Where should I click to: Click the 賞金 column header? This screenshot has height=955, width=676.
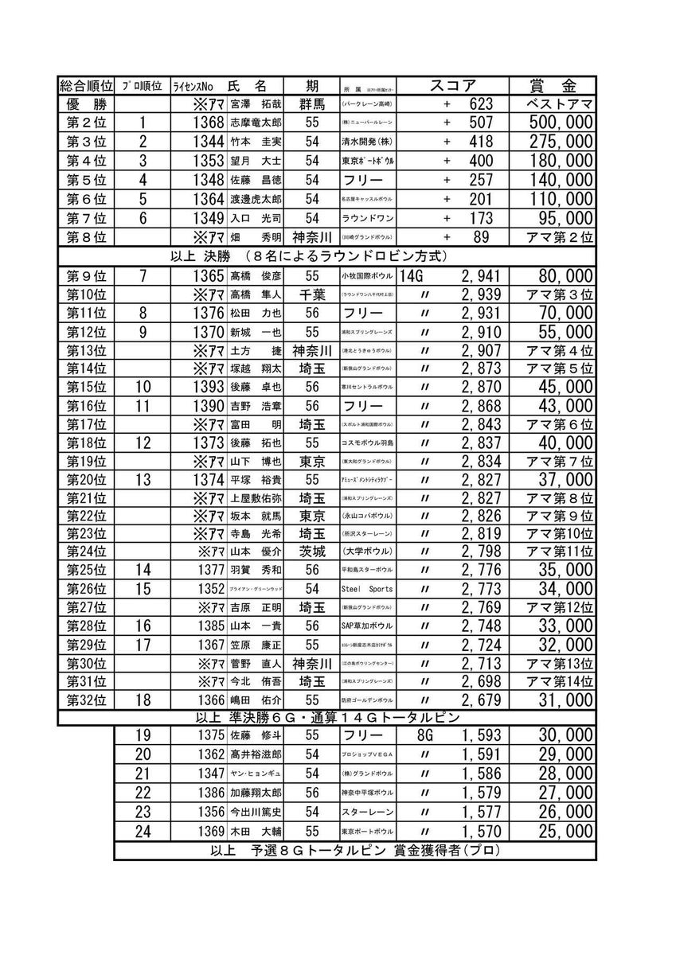click(553, 86)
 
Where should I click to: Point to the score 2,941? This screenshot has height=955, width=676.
click(479, 276)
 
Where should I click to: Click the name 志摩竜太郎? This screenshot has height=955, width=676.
click(251, 123)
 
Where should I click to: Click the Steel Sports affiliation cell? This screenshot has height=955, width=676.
click(365, 589)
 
